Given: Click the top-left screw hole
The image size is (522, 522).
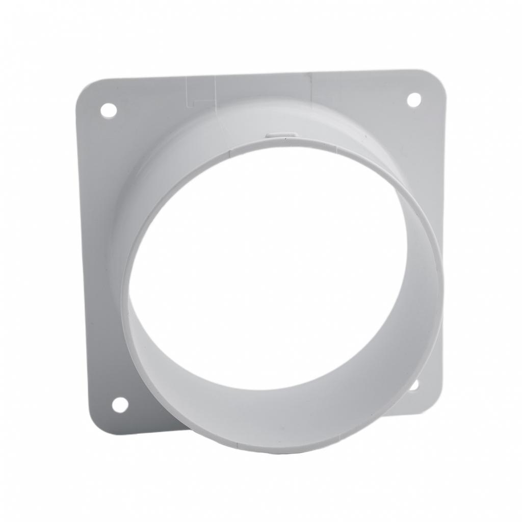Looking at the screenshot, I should coord(108,110).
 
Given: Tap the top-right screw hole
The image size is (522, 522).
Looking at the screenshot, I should coord(414,100).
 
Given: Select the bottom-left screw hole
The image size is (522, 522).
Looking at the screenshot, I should coord(120,405).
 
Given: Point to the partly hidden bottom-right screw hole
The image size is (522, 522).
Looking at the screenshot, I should coord(414,384).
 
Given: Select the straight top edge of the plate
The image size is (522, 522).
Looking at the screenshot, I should coord(255,75).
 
